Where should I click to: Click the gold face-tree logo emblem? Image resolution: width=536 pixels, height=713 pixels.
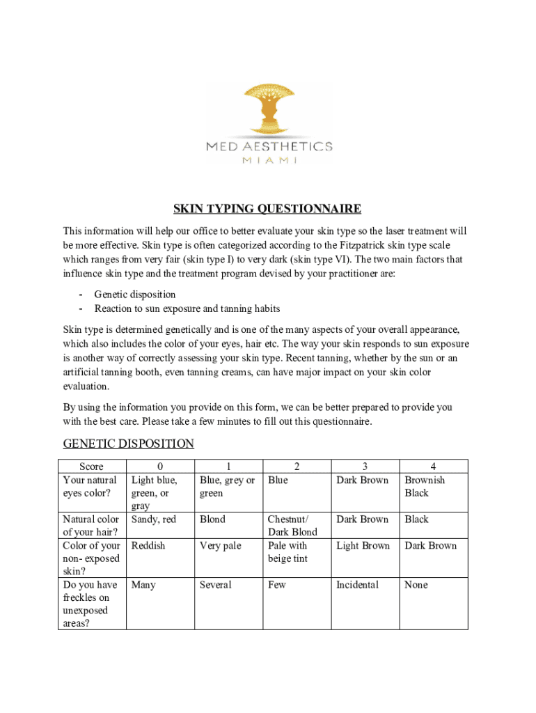pos(268,109)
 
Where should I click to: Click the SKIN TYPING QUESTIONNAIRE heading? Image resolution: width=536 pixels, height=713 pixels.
pos(267,209)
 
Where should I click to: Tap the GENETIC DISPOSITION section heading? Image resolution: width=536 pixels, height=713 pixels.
pos(128,444)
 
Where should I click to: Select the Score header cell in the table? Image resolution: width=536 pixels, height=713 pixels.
pos(91,467)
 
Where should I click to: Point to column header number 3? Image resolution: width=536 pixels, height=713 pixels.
pos(365,467)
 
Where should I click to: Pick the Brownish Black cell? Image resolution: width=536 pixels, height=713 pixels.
pos(425,487)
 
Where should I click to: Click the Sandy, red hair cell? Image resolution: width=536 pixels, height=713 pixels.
pos(153,519)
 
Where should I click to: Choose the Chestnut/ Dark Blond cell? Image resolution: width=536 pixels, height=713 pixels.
pos(292,526)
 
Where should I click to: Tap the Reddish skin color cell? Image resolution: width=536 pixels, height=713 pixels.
pos(148,546)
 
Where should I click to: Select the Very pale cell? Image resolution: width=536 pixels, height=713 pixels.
pos(220,546)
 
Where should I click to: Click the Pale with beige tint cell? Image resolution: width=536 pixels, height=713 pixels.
pos(287,552)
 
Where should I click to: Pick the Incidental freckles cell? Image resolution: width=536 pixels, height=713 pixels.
pos(357,585)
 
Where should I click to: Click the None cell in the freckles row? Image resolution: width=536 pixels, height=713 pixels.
pos(416,585)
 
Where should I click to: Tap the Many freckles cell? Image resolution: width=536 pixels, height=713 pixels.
pos(143,585)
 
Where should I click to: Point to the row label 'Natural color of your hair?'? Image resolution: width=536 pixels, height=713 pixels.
pos(90,526)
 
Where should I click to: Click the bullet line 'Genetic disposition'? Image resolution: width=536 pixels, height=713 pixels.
pos(135,295)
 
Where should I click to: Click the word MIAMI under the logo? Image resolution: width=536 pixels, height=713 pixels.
pos(269,160)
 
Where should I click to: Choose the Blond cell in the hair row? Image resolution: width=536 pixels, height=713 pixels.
pos(212,519)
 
